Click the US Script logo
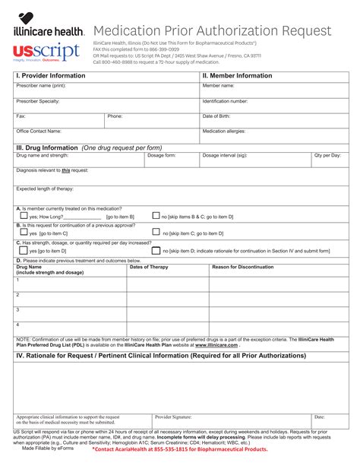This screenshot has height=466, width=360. (x=46, y=52)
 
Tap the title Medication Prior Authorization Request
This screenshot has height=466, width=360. (x=212, y=31)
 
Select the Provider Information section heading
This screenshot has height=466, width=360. (x=50, y=76)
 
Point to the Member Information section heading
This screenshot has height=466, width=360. (x=237, y=76)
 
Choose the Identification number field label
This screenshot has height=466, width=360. (x=225, y=100)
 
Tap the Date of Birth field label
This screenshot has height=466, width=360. (x=217, y=116)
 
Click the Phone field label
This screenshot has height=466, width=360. (x=115, y=116)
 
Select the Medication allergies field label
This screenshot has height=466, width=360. (x=227, y=131)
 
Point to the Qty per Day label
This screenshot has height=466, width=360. (x=327, y=155)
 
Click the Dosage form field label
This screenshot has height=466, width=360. (x=161, y=155)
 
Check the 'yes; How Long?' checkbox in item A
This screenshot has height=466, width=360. (x=23, y=216)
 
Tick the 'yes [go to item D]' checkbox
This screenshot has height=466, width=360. (x=23, y=250)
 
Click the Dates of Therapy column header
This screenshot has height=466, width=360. (x=149, y=267)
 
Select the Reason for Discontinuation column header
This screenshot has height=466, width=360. (x=242, y=267)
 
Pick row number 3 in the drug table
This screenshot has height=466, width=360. (x=17, y=309)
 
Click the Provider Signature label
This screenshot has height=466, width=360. (x=173, y=417)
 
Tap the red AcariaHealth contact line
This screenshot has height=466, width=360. (x=180, y=449)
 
